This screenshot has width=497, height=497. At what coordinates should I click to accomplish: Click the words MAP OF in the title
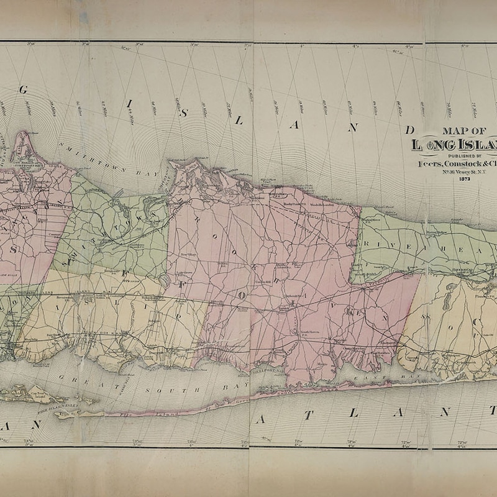[464, 131]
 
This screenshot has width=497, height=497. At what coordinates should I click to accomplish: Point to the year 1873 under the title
[465, 179]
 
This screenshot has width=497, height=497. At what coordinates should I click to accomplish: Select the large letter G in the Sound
[24, 89]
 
